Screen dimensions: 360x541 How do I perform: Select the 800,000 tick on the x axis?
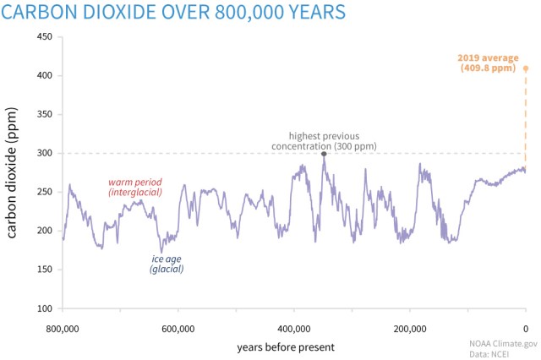[62, 329]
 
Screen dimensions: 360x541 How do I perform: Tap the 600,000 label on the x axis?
[178, 329]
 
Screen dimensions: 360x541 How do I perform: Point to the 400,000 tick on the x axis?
[293, 329]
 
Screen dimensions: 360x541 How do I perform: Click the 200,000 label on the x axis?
[409, 329]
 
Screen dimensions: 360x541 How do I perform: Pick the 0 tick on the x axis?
[525, 329]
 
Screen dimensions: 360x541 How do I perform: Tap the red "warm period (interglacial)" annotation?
[134, 188]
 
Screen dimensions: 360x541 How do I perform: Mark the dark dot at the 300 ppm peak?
[324, 154]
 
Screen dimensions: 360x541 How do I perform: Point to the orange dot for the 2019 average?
[525, 68]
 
